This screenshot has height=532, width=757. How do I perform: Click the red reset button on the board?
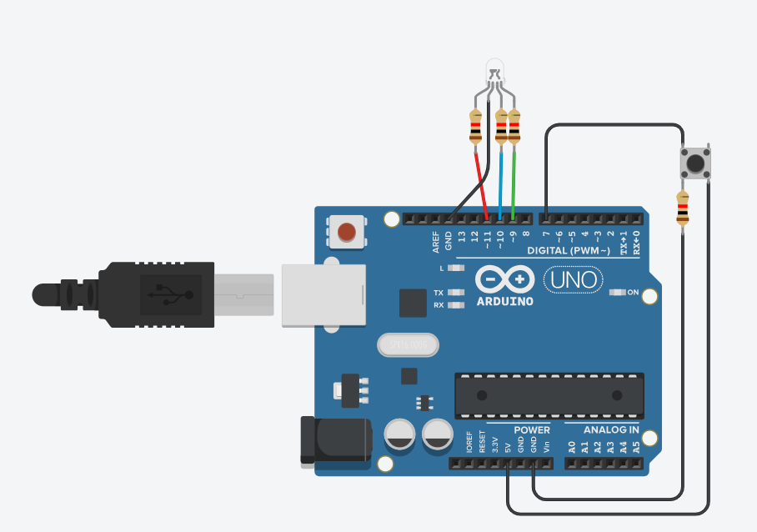(x=348, y=232)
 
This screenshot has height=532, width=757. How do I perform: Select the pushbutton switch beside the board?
(x=694, y=162)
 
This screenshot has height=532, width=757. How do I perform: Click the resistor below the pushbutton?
(x=683, y=208)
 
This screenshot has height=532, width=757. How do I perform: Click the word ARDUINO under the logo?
(x=504, y=301)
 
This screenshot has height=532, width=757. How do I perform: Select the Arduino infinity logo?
(x=504, y=279)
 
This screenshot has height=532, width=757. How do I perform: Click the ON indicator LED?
(x=618, y=293)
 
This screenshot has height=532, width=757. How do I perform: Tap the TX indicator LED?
(x=455, y=293)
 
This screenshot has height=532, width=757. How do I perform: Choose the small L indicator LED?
(x=455, y=269)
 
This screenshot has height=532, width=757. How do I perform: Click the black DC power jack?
(x=333, y=439)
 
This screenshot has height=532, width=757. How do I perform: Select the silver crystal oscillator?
(x=408, y=344)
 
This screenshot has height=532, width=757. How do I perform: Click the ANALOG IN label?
(x=611, y=430)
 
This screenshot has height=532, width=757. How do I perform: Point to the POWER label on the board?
(x=532, y=430)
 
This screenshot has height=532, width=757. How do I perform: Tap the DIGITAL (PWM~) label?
(x=569, y=251)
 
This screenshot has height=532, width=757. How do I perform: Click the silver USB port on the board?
(x=323, y=294)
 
